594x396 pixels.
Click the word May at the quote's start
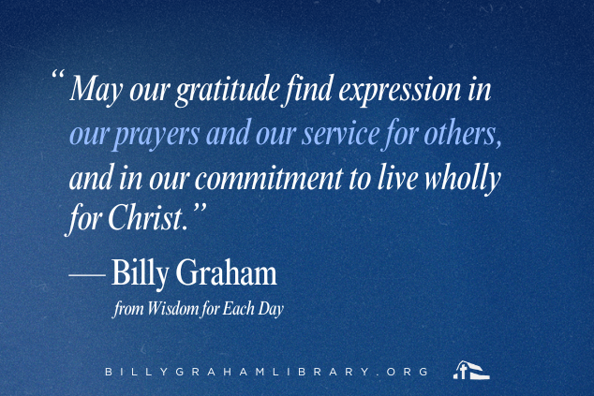(97, 89)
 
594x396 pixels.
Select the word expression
(399, 90)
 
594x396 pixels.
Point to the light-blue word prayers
(156, 135)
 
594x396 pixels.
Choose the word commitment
(268, 178)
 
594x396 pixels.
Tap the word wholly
(462, 179)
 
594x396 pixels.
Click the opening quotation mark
(57, 74)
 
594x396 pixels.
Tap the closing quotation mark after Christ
(200, 208)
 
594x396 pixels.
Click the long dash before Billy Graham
(87, 275)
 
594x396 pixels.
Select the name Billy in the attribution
(140, 273)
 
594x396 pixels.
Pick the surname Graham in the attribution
(226, 272)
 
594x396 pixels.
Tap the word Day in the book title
(271, 310)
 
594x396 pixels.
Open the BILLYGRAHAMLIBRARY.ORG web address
(266, 372)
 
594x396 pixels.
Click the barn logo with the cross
(471, 370)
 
